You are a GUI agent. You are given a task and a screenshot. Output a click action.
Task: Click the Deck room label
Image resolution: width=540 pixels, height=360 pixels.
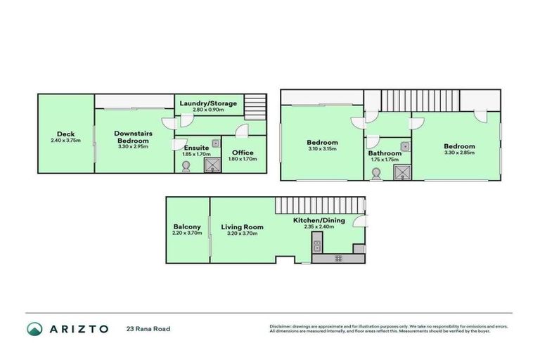point(66,134)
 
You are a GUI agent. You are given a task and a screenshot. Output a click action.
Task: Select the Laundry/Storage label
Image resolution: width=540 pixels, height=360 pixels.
point(208,104)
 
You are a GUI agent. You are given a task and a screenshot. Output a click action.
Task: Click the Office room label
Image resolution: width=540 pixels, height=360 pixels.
point(243,153)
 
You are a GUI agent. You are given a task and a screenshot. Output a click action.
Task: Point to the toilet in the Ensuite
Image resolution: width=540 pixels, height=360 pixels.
point(186,166)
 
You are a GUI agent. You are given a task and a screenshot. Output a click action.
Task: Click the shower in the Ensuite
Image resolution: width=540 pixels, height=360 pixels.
point(212,165)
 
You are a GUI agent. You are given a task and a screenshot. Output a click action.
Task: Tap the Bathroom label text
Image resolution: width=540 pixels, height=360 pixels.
point(385,153)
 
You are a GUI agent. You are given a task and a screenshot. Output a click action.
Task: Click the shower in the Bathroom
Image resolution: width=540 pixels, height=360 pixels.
point(401,172)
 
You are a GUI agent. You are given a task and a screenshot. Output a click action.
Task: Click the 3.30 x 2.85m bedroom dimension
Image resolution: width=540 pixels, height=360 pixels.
point(459,153)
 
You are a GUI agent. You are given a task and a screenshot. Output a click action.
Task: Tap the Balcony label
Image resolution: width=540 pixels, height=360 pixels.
point(187,226)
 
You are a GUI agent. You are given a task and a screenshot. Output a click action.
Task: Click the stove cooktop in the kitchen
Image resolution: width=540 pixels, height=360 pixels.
point(338,259)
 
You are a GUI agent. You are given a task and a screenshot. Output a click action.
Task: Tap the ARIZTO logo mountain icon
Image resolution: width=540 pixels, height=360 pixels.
point(35,328)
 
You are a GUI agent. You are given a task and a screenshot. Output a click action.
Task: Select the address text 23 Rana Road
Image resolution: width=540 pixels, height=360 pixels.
point(148,328)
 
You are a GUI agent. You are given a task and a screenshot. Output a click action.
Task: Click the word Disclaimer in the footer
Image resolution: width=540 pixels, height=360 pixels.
point(281,326)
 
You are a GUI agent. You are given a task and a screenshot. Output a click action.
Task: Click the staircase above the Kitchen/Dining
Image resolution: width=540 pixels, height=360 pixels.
point(320,205)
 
